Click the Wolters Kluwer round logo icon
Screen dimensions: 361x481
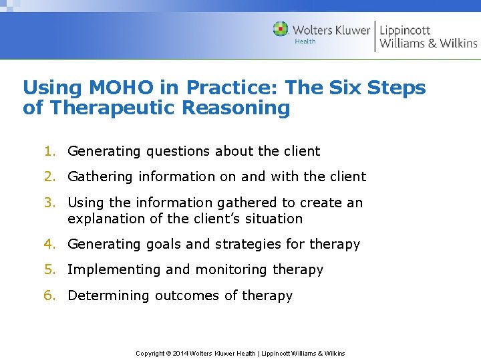click(x=281, y=29)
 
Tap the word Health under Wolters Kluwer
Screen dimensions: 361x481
click(x=305, y=41)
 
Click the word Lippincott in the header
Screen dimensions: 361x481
click(x=405, y=29)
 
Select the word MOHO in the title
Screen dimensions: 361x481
click(x=104, y=88)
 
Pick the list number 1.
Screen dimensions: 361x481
click(x=49, y=151)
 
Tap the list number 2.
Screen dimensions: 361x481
click(x=49, y=176)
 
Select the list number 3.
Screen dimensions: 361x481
click(x=49, y=203)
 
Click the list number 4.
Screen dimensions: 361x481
click(x=49, y=244)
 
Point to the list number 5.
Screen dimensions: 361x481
click(x=49, y=269)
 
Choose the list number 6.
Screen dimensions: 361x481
click(x=49, y=295)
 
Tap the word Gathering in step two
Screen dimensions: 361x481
click(x=101, y=177)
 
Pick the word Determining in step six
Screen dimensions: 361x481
click(x=109, y=295)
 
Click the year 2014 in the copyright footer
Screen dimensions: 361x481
click(x=180, y=353)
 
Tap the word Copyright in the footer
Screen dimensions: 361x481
click(x=150, y=353)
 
